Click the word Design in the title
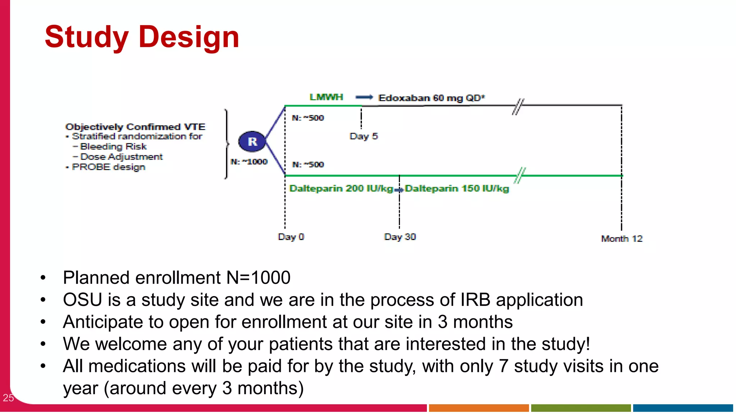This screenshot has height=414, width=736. pyautogui.click(x=189, y=37)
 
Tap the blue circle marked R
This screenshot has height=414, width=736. pyautogui.click(x=252, y=142)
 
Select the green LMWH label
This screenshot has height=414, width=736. pyautogui.click(x=326, y=97)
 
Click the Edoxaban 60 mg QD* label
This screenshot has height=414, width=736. pyautogui.click(x=432, y=98)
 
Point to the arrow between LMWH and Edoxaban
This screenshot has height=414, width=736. pyautogui.click(x=364, y=97)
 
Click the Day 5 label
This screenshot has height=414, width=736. pyautogui.click(x=363, y=136)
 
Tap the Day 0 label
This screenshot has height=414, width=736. pyautogui.click(x=291, y=237)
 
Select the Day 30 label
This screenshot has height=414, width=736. pyautogui.click(x=400, y=237)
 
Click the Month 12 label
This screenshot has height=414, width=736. pyautogui.click(x=621, y=239)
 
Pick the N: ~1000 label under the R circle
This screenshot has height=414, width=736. pyautogui.click(x=249, y=162)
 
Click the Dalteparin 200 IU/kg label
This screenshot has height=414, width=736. pyautogui.click(x=341, y=188)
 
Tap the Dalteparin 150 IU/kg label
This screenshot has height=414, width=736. pyautogui.click(x=457, y=188)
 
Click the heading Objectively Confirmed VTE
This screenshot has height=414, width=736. pyautogui.click(x=135, y=127)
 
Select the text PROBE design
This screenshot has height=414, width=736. pyautogui.click(x=109, y=167)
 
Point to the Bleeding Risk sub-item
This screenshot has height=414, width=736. pyautogui.click(x=113, y=147)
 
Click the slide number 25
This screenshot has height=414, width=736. pyautogui.click(x=8, y=397)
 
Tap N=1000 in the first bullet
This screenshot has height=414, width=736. pyautogui.click(x=258, y=277)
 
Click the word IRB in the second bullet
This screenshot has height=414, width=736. pyautogui.click(x=475, y=300)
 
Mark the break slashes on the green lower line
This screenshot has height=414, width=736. pyautogui.click(x=520, y=175)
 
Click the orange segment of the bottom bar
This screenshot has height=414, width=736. pyautogui.click(x=478, y=408)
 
